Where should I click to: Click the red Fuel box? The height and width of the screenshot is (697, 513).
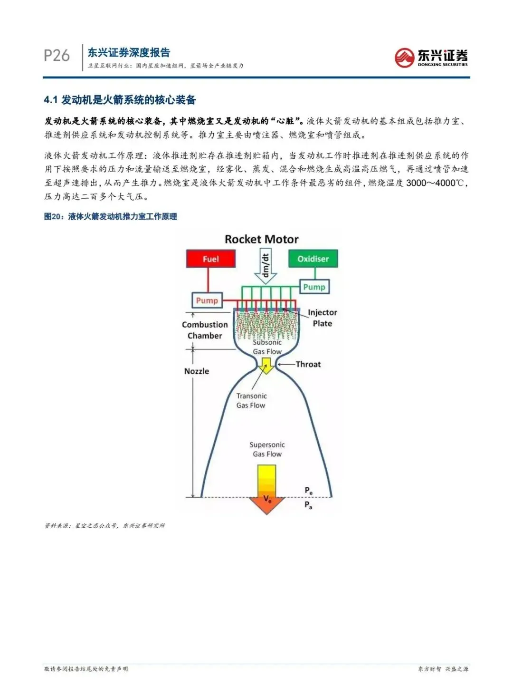(x=210, y=259)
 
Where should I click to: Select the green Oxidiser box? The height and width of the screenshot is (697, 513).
(x=313, y=259)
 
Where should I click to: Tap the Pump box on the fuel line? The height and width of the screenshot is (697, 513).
(x=207, y=300)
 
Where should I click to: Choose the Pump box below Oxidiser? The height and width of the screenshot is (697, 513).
(x=314, y=287)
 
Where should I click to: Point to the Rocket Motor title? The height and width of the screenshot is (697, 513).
(x=261, y=239)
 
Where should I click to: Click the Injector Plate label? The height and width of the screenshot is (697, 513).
(x=322, y=318)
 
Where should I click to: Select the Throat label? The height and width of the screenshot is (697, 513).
(x=308, y=364)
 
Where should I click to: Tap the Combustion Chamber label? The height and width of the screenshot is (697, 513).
(x=205, y=330)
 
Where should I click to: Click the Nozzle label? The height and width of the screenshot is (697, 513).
(x=197, y=371)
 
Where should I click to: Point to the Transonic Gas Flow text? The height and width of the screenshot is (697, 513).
(x=251, y=400)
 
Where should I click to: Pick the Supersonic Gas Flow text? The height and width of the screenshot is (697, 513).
(x=267, y=449)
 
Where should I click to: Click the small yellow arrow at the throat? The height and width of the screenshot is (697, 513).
(x=266, y=365)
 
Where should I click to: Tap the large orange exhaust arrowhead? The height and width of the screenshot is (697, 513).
(x=267, y=504)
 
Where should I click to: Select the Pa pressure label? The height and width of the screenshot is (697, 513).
(x=308, y=505)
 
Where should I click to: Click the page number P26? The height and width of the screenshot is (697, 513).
(x=57, y=56)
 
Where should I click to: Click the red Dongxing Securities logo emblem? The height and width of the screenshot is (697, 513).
(x=404, y=58)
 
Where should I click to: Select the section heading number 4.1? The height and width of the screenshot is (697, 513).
(x=50, y=100)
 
